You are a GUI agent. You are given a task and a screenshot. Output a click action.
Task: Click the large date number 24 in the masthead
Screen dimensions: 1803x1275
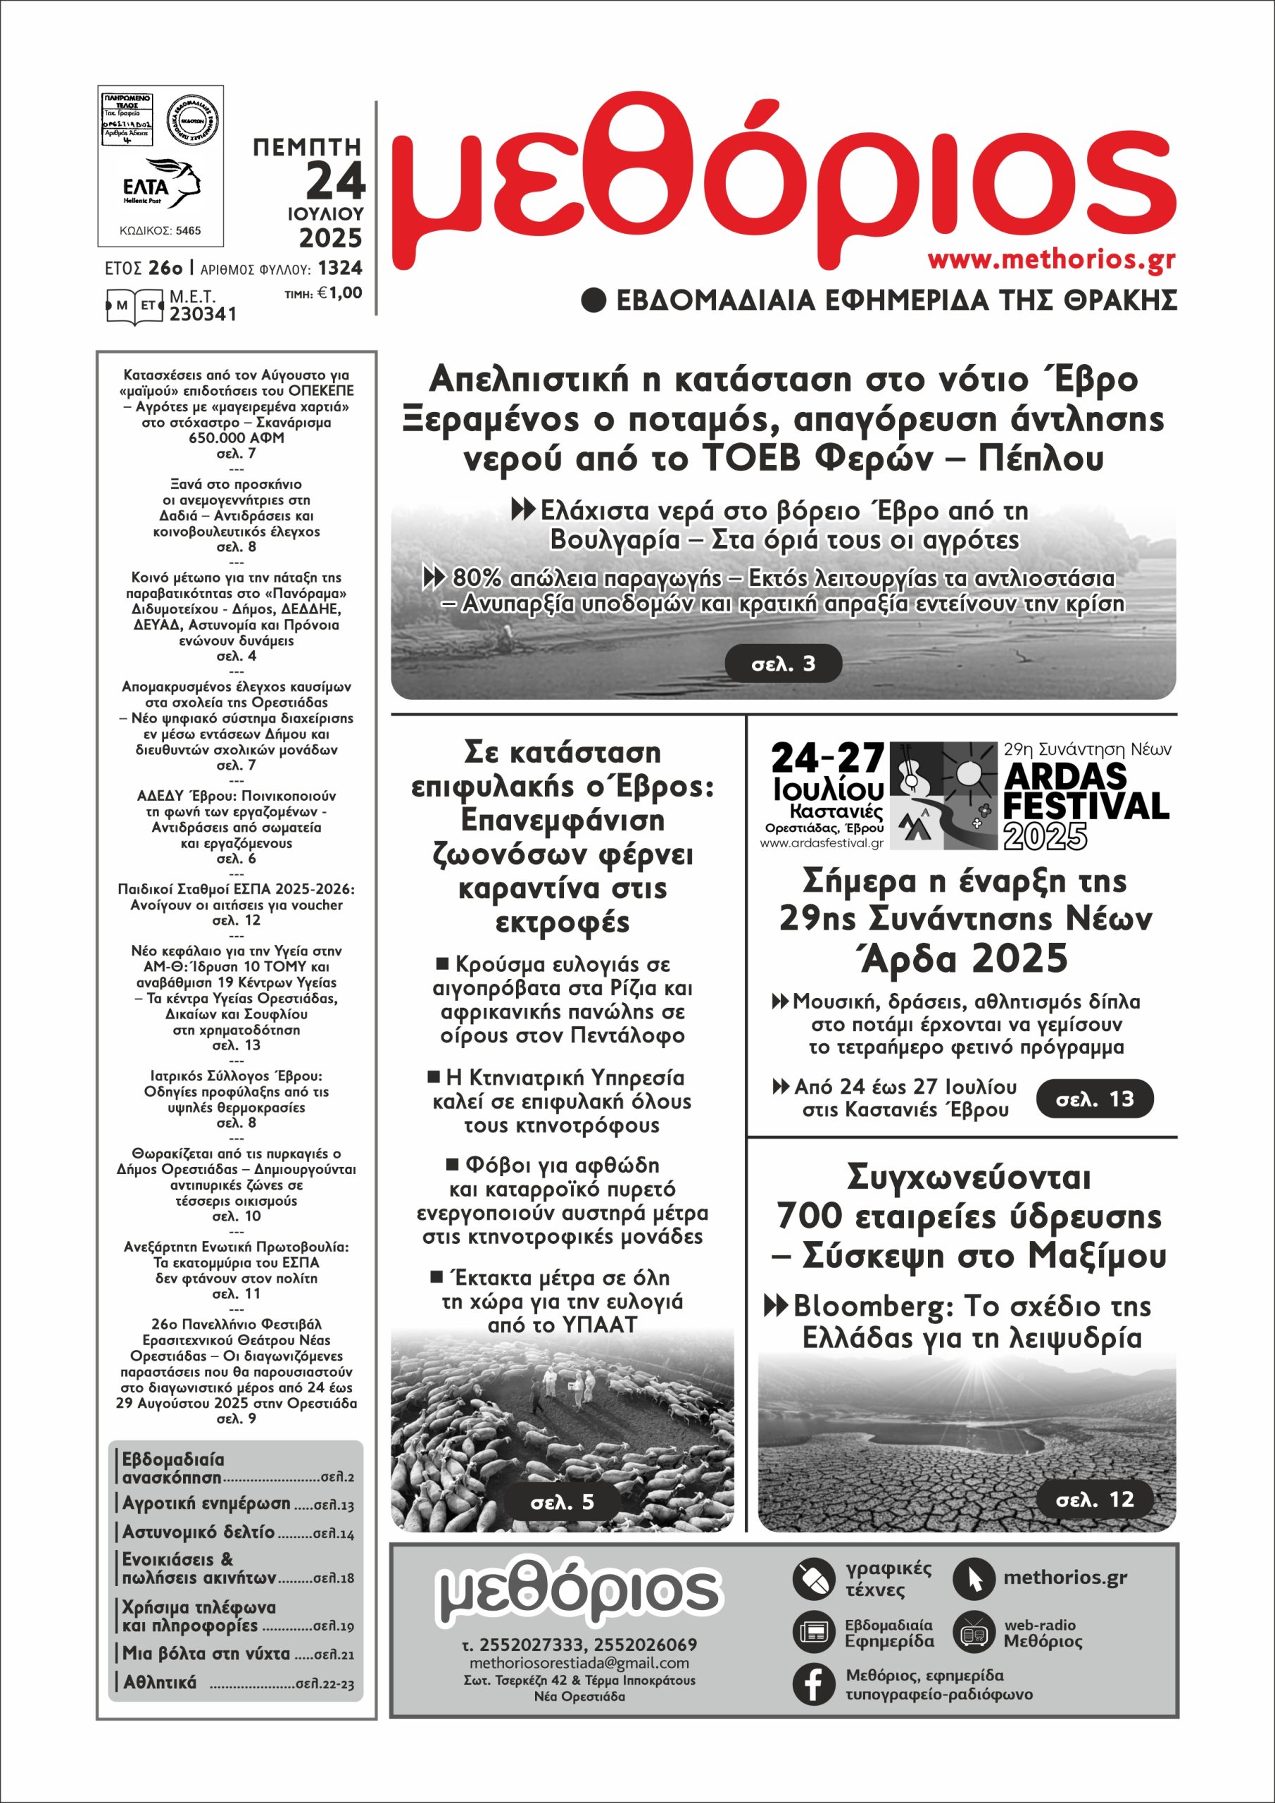pos(336,180)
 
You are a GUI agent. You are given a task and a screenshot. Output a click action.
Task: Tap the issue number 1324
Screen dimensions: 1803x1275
pos(340,268)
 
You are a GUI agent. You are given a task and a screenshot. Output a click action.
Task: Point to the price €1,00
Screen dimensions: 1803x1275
pos(341,293)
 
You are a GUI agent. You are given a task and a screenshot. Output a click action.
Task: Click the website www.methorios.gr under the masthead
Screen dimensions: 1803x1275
pos(1051,260)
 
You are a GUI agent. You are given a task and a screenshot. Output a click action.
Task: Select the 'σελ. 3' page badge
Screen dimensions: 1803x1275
pos(783,664)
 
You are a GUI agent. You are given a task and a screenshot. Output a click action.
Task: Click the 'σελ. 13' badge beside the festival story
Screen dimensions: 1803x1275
pos(1095,1099)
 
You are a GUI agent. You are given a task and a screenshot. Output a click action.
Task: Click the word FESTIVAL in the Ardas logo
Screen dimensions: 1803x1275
pos(1086,806)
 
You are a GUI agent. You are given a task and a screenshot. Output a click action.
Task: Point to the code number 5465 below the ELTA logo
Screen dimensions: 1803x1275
pos(188,231)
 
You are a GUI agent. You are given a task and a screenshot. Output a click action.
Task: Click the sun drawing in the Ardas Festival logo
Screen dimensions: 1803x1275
pos(968,771)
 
